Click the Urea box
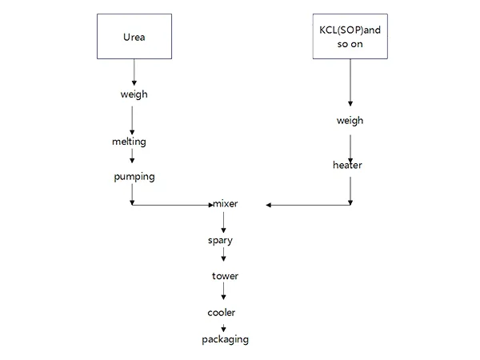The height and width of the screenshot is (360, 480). tap(134, 37)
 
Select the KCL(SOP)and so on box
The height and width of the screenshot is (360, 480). tap(350, 37)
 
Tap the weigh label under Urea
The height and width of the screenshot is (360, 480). tap(134, 95)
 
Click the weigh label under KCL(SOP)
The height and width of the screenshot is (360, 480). tap(350, 121)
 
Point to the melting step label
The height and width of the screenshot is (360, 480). tap(130, 142)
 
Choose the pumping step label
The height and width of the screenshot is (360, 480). tap(134, 176)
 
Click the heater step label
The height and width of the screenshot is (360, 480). tap(347, 166)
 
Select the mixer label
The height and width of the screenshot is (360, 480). tap(225, 205)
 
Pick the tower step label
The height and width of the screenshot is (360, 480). tap(225, 276)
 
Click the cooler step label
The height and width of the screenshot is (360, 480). tap(222, 312)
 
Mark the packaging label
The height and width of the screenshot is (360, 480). tap(225, 339)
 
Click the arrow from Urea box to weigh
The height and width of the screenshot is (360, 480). tap(134, 72)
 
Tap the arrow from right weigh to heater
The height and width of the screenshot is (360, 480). tap(350, 142)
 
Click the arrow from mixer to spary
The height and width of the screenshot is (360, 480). tap(223, 222)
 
